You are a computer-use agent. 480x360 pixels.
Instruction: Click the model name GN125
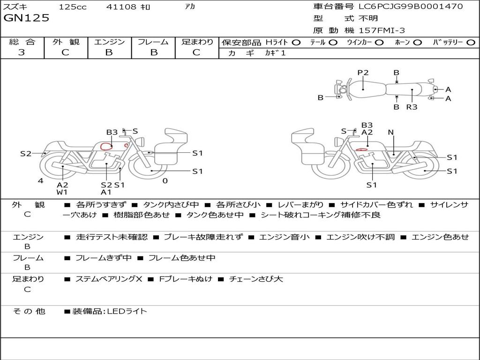[26, 18]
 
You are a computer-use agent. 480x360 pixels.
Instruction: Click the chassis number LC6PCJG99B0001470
[411, 7]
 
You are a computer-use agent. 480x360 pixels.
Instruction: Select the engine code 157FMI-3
[382, 31]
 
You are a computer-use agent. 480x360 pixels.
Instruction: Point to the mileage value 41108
[121, 7]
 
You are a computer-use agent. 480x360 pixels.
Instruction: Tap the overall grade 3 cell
[22, 52]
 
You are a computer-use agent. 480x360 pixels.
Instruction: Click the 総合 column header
[22, 42]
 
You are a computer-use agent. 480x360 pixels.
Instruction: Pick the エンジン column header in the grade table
[109, 42]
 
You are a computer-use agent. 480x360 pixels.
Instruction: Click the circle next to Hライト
[296, 43]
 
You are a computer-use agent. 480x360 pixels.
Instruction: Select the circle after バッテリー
[471, 43]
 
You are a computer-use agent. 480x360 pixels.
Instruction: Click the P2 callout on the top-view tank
[363, 73]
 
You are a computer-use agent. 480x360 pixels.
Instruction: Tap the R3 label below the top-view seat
[412, 107]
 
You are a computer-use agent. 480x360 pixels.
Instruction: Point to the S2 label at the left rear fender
[26, 153]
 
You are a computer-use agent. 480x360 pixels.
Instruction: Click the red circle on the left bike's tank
[107, 146]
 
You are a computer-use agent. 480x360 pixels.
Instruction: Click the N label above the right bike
[390, 132]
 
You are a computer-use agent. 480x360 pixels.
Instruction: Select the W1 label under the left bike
[62, 192]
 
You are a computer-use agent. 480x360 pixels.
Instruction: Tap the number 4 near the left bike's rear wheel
[41, 181]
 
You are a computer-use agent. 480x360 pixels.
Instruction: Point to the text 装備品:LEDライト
[109, 311]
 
